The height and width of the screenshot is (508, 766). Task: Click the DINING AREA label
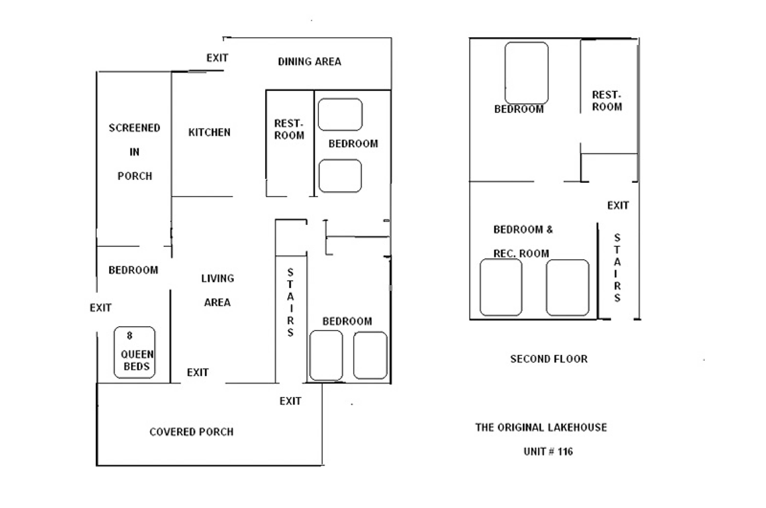309,61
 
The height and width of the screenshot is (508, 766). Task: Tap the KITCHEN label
209,132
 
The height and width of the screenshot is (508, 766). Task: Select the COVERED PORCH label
192,432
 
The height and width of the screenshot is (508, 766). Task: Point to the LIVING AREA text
218,290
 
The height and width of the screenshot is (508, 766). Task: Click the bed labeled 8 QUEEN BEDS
135,353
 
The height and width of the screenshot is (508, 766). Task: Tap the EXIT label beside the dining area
217,58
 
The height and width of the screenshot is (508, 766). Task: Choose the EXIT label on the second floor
618,205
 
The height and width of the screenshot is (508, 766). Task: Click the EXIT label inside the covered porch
291,401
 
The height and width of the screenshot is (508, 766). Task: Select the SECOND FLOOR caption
549,359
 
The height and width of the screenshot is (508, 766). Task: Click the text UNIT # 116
548,452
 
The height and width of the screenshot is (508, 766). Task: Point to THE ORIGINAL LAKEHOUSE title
541,428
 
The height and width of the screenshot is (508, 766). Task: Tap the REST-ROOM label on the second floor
607,101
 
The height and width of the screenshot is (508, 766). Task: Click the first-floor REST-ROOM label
289,129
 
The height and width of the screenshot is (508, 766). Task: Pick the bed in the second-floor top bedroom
526,73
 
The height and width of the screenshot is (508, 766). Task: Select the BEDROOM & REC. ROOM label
523,241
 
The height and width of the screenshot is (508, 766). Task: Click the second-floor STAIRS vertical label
617,268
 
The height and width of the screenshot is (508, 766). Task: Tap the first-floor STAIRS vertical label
291,302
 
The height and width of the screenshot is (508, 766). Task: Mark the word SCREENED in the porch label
135,128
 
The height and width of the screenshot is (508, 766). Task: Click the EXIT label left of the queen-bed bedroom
101,308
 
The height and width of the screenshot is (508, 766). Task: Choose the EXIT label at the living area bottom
198,373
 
